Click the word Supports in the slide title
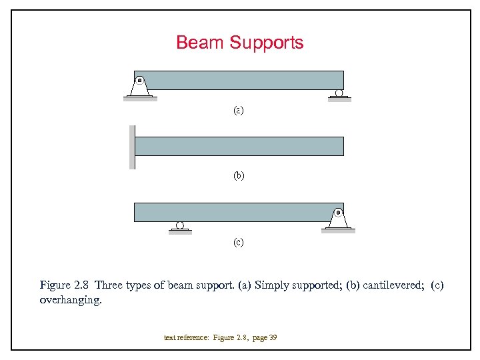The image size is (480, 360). (267, 43)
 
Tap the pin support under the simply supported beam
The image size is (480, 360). (140, 87)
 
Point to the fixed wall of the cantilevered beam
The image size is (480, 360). (132, 147)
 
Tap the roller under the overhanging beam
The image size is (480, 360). (180, 225)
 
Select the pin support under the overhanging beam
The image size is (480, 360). (338, 218)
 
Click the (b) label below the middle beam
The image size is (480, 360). (239, 176)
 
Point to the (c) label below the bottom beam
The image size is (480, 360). (239, 242)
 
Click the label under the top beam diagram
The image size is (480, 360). (239, 110)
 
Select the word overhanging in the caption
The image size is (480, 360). (70, 301)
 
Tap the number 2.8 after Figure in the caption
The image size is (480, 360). (81, 285)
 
